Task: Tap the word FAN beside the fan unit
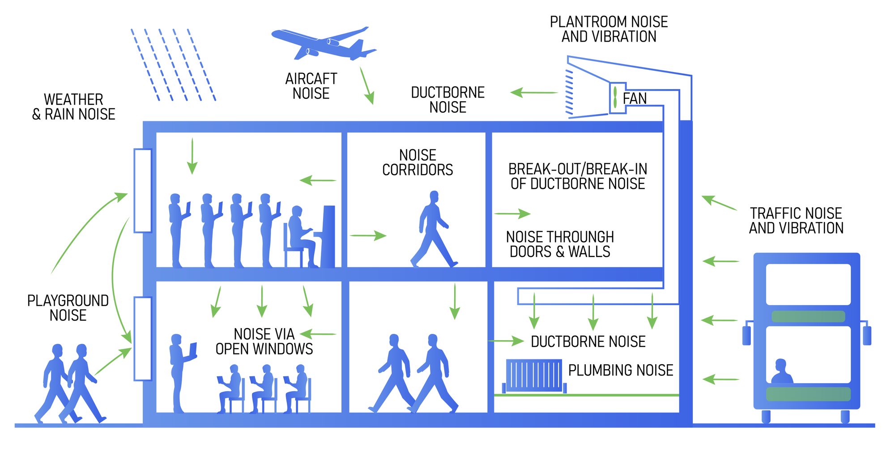[x=635, y=98]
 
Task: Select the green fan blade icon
[x=615, y=98]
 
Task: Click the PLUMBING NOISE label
[x=621, y=371]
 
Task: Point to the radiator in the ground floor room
[x=534, y=375]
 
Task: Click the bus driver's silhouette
[x=781, y=372]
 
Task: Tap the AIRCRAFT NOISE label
[x=311, y=86]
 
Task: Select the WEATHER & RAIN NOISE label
[x=74, y=107]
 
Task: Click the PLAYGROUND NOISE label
[x=68, y=308]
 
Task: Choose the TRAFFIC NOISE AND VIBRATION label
[x=796, y=221]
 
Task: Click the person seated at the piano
[x=301, y=236]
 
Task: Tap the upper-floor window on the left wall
[x=143, y=191]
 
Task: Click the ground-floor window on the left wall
[x=143, y=338]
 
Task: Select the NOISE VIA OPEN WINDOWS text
[x=264, y=341]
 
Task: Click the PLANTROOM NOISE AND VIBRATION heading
[x=609, y=29]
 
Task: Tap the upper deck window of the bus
[x=808, y=285]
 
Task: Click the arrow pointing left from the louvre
[x=534, y=93]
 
